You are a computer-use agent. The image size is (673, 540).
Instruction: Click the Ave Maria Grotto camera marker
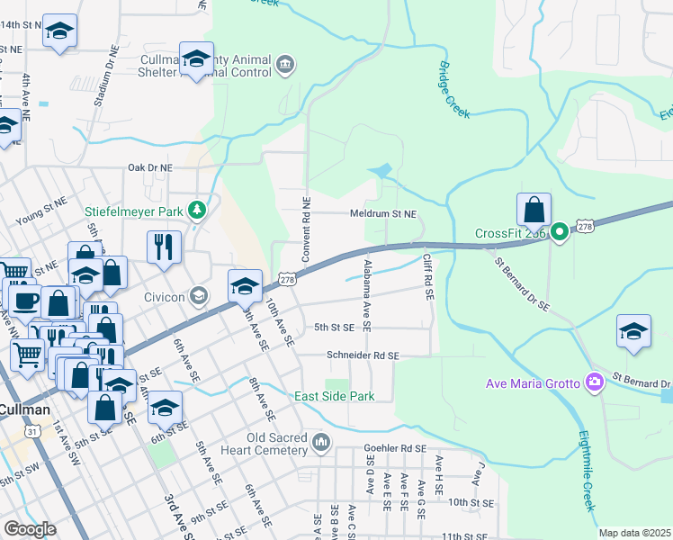click(594, 382)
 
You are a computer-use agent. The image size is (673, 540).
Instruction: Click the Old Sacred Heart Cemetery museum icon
click(322, 442)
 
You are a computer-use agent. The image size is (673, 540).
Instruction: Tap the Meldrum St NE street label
click(383, 214)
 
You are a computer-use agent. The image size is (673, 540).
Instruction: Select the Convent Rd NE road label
click(306, 229)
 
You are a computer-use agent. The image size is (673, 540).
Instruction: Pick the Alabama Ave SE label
click(368, 290)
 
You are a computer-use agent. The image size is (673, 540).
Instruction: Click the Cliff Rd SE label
click(429, 277)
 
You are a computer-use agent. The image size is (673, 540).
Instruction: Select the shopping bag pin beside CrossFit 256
click(534, 209)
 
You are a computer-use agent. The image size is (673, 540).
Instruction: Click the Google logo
click(30, 529)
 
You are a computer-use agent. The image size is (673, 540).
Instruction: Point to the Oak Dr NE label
click(149, 167)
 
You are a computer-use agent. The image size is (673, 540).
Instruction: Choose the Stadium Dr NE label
click(102, 82)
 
